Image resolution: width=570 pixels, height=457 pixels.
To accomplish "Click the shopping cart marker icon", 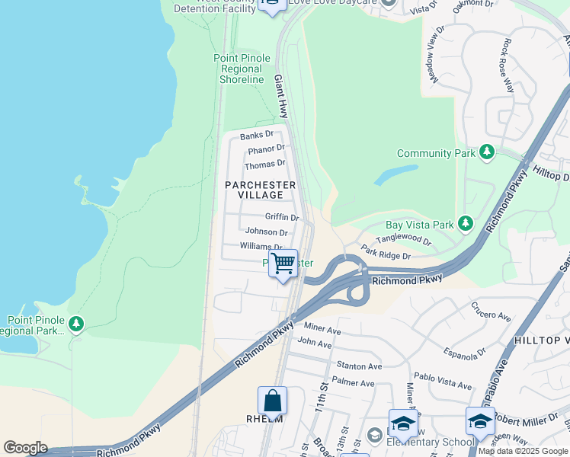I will pos(283,264).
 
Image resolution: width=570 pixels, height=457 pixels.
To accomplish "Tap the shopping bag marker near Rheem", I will pos(273,401).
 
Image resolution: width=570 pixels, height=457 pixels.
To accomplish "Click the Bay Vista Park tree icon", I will pos(465,225).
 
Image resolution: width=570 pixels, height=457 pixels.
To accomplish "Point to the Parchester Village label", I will pos(260,190).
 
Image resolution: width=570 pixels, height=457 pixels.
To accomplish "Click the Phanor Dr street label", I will pos(265,149).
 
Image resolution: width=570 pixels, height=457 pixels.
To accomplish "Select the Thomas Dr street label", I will pos(264,165).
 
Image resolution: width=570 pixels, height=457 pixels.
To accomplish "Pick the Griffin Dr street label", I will pos(281,217).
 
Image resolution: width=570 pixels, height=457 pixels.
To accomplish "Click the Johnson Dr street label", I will pos(266,232).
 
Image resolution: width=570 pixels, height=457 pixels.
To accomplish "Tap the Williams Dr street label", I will pos(261,246).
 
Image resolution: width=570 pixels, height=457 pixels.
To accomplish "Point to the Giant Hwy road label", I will pos(280,95).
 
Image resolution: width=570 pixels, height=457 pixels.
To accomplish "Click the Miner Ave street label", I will pos(322,328).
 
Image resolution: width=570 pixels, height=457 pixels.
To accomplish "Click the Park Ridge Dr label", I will pos(386,252).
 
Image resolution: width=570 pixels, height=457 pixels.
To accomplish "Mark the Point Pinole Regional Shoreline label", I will pos(242,69).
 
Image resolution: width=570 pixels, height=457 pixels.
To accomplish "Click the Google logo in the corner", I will pos(25,448).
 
